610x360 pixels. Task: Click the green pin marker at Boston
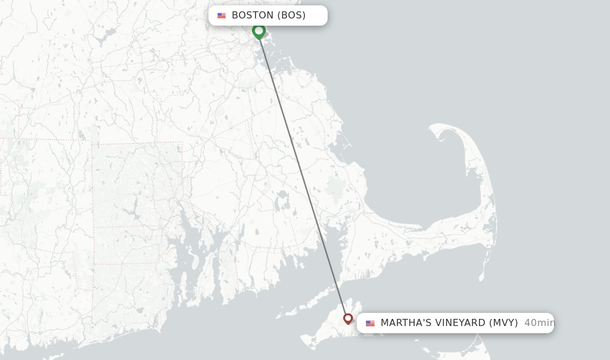click(x=259, y=30)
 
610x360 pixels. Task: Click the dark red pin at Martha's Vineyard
click(x=348, y=319)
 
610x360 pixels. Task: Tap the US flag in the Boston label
click(x=222, y=15)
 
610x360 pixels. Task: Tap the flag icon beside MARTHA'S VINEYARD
click(x=370, y=323)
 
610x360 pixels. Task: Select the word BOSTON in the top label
click(x=253, y=15)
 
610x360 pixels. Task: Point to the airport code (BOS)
click(x=291, y=15)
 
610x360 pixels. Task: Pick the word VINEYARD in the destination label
click(x=457, y=323)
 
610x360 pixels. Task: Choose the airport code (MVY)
click(x=503, y=323)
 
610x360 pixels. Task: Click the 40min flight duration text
click(x=539, y=323)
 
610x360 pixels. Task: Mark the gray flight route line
click(x=303, y=173)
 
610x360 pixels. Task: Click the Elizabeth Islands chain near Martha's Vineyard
click(x=298, y=311)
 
